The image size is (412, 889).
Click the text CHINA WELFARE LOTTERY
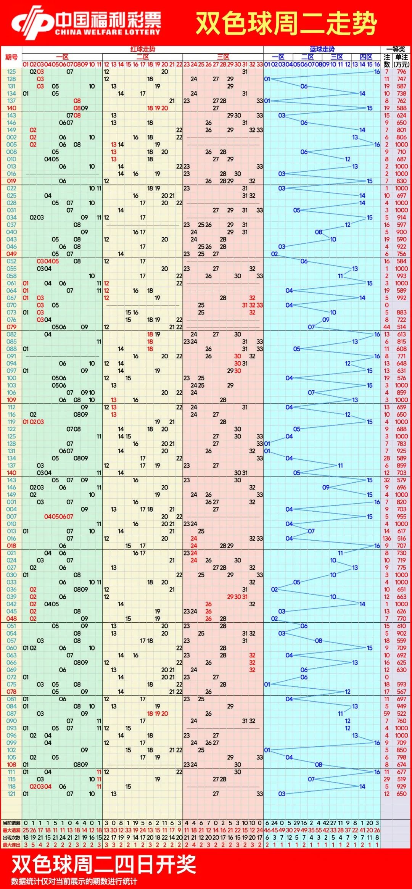pos(108,32)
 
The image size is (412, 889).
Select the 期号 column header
pos(11,57)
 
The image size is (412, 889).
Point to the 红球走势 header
pos(143,49)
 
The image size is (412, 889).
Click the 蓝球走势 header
pos(322,49)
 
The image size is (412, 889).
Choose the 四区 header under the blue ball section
pos(366,57)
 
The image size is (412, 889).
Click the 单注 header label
pos(401,57)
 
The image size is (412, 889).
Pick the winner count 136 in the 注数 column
pos(387,538)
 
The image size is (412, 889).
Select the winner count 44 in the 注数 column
pos(387,327)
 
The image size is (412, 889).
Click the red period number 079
pos(11,327)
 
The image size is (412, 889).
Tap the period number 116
pos(11,414)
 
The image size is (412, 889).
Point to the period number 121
pos(11,794)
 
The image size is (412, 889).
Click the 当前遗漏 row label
pos(11,823)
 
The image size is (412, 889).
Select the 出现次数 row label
pos(11,837)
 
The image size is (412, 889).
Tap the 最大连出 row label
pos(11,845)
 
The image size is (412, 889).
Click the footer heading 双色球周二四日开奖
pos(104,864)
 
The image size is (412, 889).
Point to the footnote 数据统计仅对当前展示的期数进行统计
pos(74,881)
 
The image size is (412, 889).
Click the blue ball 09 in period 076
pos(326,320)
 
